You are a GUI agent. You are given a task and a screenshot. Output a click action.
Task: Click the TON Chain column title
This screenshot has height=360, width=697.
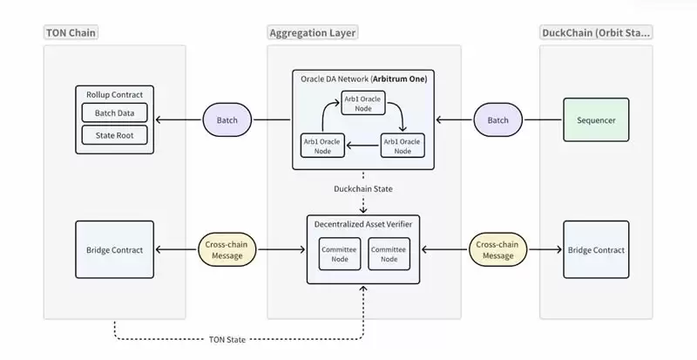pos(71,33)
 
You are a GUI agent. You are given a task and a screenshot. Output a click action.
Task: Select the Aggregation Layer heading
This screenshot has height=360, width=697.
pos(313,33)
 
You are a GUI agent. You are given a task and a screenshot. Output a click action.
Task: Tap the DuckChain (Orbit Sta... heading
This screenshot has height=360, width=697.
pos(597,33)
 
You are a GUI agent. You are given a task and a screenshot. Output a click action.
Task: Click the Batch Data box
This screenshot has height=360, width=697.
pos(115,113)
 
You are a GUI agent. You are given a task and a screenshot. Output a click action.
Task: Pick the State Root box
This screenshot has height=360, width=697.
pos(115,135)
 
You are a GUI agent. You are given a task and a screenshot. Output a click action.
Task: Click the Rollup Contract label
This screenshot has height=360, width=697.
pos(115,94)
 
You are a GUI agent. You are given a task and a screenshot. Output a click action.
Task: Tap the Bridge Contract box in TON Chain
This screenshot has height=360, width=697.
pos(114,250)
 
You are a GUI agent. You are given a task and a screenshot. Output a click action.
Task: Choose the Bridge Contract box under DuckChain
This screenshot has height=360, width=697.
pos(597,250)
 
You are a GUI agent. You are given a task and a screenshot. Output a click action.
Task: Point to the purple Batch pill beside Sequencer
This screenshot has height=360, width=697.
pos(497,119)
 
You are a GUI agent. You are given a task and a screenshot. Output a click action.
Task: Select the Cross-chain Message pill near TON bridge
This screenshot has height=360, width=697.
pos(225,250)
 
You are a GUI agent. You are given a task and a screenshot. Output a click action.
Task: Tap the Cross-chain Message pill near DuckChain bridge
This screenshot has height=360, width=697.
pos(497,250)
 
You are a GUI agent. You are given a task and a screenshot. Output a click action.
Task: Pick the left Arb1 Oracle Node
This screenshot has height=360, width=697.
pos(321,146)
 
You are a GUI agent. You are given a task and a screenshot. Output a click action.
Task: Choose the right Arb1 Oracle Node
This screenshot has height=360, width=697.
pos(402,146)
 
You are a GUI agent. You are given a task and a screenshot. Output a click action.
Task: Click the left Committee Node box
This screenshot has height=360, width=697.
pos(339,254)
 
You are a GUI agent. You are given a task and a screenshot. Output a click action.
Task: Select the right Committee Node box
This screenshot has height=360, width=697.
pos(389,254)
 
